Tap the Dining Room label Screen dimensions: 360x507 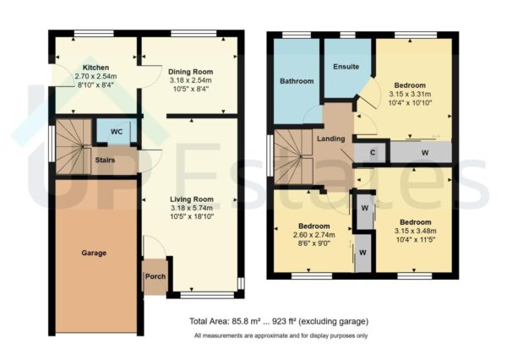(x=190, y=72)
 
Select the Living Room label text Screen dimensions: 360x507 (x=190, y=198)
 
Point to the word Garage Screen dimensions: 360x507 (x=95, y=253)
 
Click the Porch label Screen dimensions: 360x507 (x=155, y=276)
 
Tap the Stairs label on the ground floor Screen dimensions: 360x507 (x=106, y=158)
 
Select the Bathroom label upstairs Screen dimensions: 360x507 (x=297, y=81)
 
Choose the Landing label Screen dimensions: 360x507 (x=330, y=139)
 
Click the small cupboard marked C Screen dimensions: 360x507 (x=373, y=152)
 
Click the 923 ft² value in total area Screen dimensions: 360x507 (x=297, y=323)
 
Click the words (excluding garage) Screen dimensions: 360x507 (x=347, y=323)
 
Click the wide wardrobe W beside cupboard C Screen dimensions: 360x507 (x=422, y=152)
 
